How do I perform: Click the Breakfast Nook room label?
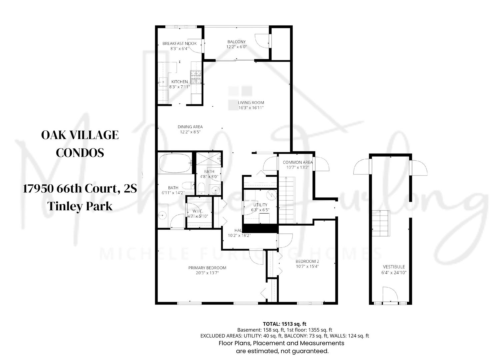[x=179, y=43]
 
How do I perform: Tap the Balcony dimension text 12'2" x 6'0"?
[x=236, y=47]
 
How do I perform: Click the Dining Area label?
[x=190, y=127]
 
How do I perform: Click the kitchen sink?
[x=164, y=81]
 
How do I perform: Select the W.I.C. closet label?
[x=198, y=211]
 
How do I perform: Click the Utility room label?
[x=260, y=205]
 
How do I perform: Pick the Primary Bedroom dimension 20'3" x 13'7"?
[x=207, y=273]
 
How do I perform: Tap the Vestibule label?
[x=394, y=267]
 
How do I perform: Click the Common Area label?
[x=297, y=162]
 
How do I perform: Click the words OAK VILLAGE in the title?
[x=80, y=135]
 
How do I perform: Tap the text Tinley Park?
[x=80, y=206]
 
